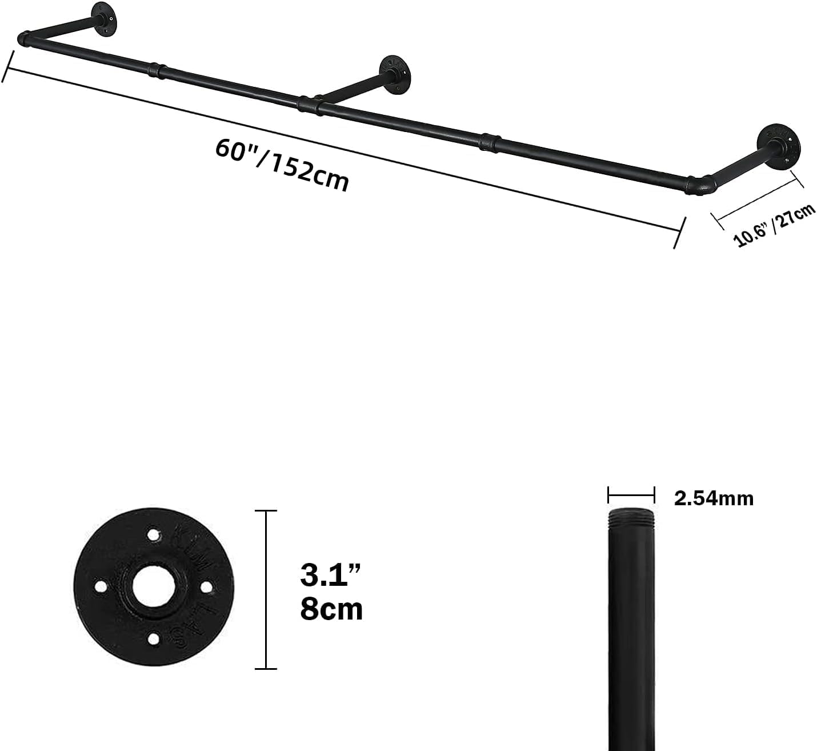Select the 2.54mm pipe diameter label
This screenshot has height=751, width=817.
(x=714, y=498)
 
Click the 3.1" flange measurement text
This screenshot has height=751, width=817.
(x=330, y=575)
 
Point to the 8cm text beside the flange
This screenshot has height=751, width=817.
(x=331, y=609)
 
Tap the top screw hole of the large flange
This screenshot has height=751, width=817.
(x=153, y=535)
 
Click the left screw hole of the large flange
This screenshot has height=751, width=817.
(x=101, y=587)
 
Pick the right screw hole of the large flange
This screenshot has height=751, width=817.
(x=206, y=587)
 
